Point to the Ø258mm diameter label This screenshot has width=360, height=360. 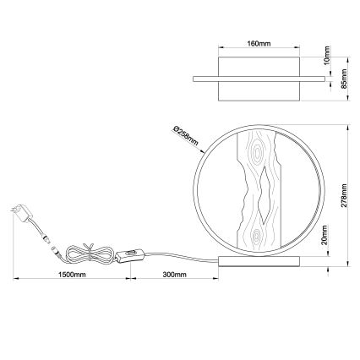coord(185,138)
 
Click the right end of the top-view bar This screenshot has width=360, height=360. coord(322,79)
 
